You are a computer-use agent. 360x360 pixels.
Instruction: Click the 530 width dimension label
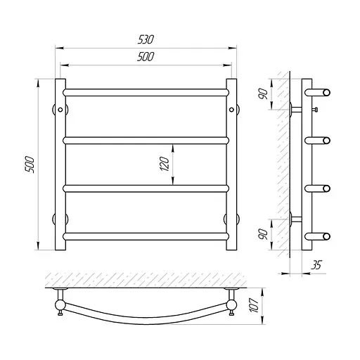tap(146, 39)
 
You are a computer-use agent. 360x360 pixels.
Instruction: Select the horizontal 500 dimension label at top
tap(146, 57)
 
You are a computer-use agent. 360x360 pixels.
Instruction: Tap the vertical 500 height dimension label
tap(30, 165)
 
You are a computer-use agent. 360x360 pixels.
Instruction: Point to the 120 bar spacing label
tap(165, 164)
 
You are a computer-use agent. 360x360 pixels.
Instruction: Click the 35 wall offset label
tap(316, 265)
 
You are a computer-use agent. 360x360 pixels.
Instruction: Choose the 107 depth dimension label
tap(254, 305)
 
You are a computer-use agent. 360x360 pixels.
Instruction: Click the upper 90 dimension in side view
tap(264, 94)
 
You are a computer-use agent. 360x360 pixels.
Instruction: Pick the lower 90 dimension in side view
tap(264, 234)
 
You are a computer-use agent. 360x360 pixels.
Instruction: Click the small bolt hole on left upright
tap(60, 110)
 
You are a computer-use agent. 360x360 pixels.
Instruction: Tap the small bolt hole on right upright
tap(231, 110)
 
